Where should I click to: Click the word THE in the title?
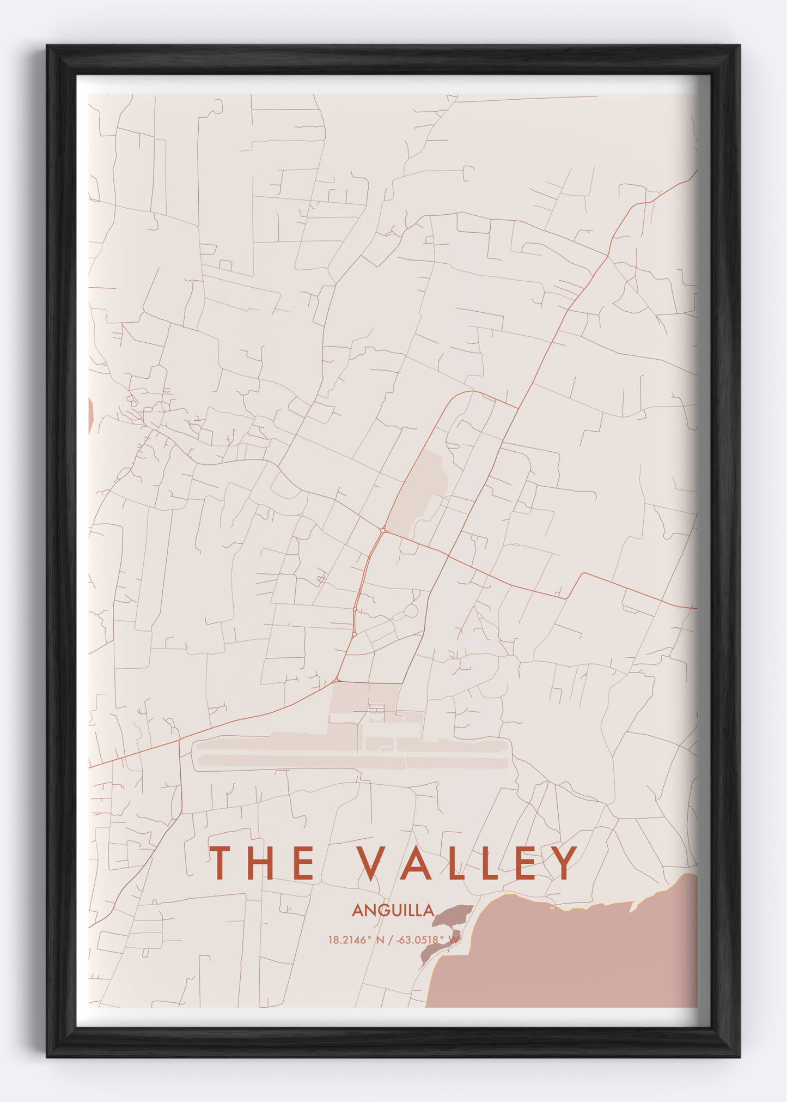click(263, 863)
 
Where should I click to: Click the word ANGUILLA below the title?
click(393, 910)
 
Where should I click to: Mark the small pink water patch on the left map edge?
click(90, 416)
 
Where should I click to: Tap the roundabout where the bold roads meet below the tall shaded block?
click(383, 530)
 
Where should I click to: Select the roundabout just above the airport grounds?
click(337, 680)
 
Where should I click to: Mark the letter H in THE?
click(263, 863)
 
